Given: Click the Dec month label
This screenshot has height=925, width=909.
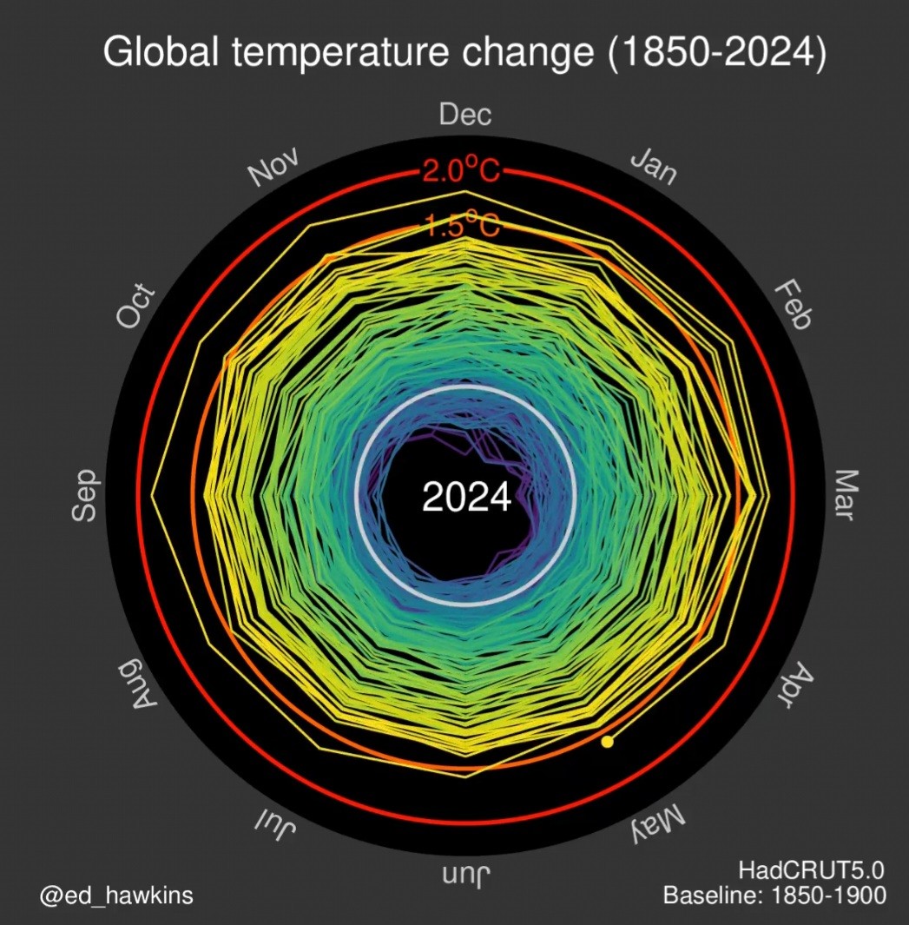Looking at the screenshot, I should [465, 115].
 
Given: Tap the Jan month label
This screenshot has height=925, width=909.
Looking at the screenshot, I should [653, 165].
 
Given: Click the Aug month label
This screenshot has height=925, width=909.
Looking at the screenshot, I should [138, 685].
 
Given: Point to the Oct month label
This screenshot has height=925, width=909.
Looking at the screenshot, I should [137, 307].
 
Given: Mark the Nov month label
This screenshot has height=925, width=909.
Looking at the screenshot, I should [274, 166].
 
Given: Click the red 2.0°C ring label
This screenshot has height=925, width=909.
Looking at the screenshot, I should [461, 171].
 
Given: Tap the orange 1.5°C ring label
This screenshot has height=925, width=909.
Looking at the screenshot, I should [462, 226].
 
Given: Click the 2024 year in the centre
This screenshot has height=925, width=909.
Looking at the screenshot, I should [466, 498].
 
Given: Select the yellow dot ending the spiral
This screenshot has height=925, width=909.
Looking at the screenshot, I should [607, 742].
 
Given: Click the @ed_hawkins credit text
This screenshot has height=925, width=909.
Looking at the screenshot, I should [116, 895].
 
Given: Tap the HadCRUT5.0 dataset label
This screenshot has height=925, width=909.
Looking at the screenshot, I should [812, 869].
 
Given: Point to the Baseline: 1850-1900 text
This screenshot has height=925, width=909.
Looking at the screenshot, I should [774, 895].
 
